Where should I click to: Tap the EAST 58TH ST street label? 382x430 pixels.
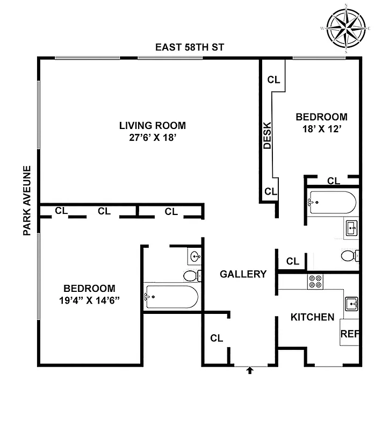pyautogui.click(x=189, y=48)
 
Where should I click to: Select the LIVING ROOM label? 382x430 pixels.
pyautogui.click(x=153, y=126)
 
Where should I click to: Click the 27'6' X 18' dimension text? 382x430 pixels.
pyautogui.click(x=153, y=138)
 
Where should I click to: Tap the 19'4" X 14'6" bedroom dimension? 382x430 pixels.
pyautogui.click(x=89, y=300)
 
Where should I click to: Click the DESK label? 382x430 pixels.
pyautogui.click(x=268, y=135)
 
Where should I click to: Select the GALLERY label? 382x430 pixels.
pyautogui.click(x=243, y=274)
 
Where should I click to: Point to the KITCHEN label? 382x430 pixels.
pyautogui.click(x=313, y=317)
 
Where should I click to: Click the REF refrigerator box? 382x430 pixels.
pyautogui.click(x=350, y=333)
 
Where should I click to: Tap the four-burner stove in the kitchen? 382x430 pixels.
pyautogui.click(x=315, y=282)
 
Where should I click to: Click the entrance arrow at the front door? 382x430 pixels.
pyautogui.click(x=250, y=370)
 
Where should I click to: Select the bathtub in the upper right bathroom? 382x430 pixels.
pyautogui.click(x=331, y=202)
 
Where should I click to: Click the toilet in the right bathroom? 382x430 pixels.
pyautogui.click(x=350, y=255)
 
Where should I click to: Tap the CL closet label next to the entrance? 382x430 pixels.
pyautogui.click(x=217, y=338)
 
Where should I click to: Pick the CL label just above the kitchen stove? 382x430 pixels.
pyautogui.click(x=293, y=261)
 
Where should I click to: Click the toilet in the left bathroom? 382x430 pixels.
pyautogui.click(x=191, y=276)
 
